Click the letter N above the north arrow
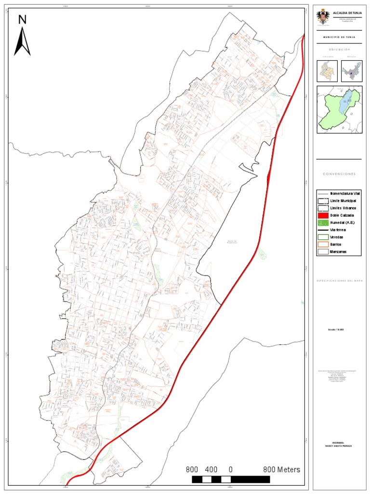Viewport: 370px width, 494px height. click(22, 19)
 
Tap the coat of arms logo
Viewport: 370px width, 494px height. click(322, 17)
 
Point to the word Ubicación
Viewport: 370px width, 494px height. click(339, 50)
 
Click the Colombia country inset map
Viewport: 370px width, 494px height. click(327, 71)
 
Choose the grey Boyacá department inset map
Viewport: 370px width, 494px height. click(351, 71)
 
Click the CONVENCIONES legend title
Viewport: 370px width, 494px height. click(339, 174)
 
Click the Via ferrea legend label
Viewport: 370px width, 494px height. click(338, 230)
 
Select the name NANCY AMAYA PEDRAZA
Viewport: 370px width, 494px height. click(339, 446)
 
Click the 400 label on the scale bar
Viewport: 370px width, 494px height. click(211, 469)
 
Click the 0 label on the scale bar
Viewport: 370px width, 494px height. click(231, 469)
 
